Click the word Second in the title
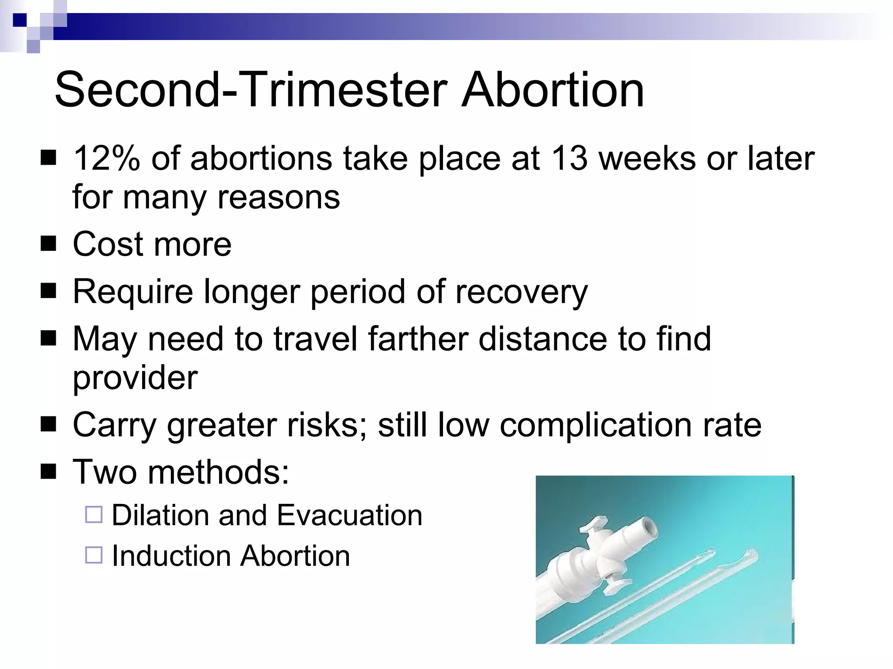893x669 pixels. point(138,90)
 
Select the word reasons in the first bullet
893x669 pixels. point(279,197)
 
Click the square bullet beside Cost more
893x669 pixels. point(48,244)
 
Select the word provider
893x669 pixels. point(135,378)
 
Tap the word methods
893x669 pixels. point(218,472)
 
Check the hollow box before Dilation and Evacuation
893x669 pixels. point(94,514)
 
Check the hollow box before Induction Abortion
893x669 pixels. point(94,555)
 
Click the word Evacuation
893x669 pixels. point(349,515)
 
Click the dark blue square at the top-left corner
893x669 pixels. point(19,20)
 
